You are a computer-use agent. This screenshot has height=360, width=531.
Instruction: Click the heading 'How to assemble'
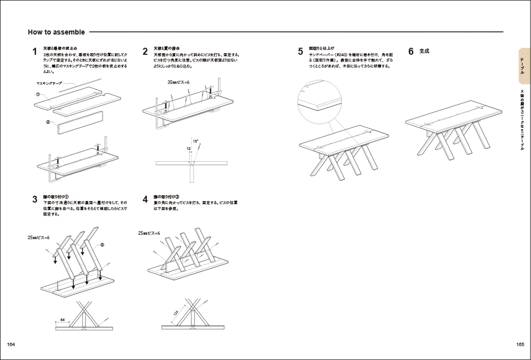coord(56,32)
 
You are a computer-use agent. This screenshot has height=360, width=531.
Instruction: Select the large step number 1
coord(35,52)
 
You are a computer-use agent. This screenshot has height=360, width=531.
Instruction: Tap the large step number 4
coord(145,200)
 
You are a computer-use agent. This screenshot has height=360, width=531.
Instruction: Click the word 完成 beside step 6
coord(424,51)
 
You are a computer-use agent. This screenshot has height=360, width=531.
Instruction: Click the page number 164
coord(11,345)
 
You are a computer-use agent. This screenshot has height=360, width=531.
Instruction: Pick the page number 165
coord(520,345)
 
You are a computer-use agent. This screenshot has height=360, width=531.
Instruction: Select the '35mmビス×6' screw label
coord(179,83)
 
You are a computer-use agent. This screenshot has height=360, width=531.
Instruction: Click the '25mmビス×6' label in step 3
coord(39,238)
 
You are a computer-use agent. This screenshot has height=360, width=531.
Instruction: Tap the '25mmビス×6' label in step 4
coord(149,233)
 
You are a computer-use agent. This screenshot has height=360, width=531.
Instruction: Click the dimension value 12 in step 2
coord(189,149)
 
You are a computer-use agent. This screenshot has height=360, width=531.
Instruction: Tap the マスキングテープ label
coord(49,84)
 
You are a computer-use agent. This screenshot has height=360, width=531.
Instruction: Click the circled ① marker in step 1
coord(37,95)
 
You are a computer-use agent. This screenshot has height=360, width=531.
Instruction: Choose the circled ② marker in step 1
coord(48,122)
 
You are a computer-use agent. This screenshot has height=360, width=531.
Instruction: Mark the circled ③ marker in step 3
coord(102,244)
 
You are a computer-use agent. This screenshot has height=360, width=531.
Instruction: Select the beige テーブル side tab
coord(523,66)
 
